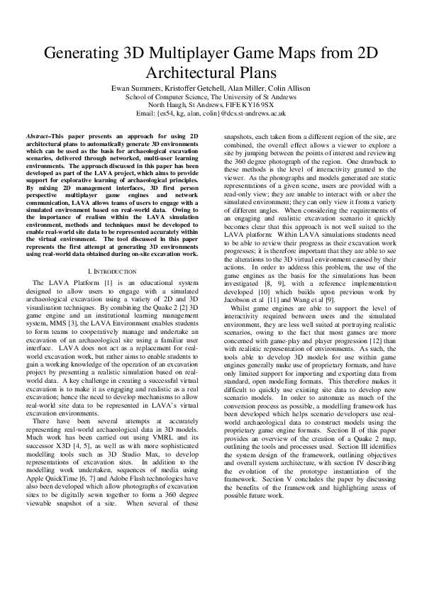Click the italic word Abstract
[39, 135]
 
